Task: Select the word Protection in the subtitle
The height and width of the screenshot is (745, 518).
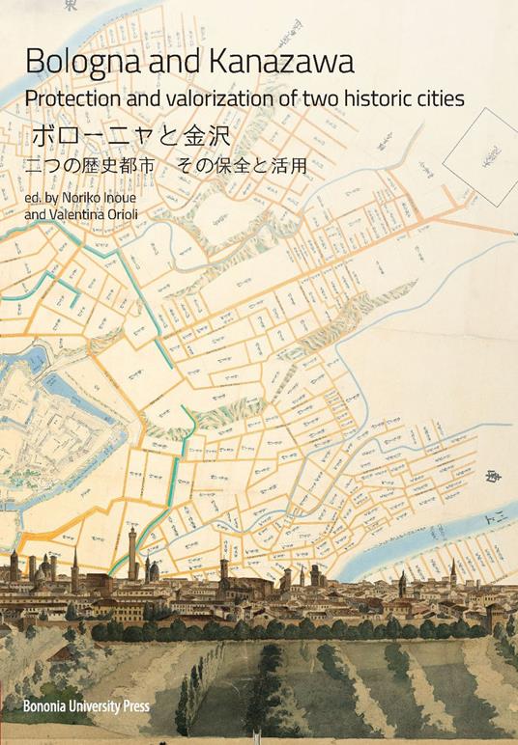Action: click(73, 99)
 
